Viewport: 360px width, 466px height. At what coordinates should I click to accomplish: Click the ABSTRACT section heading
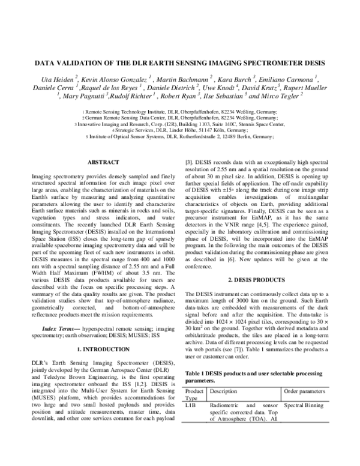pyautogui.click(x=103, y=162)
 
